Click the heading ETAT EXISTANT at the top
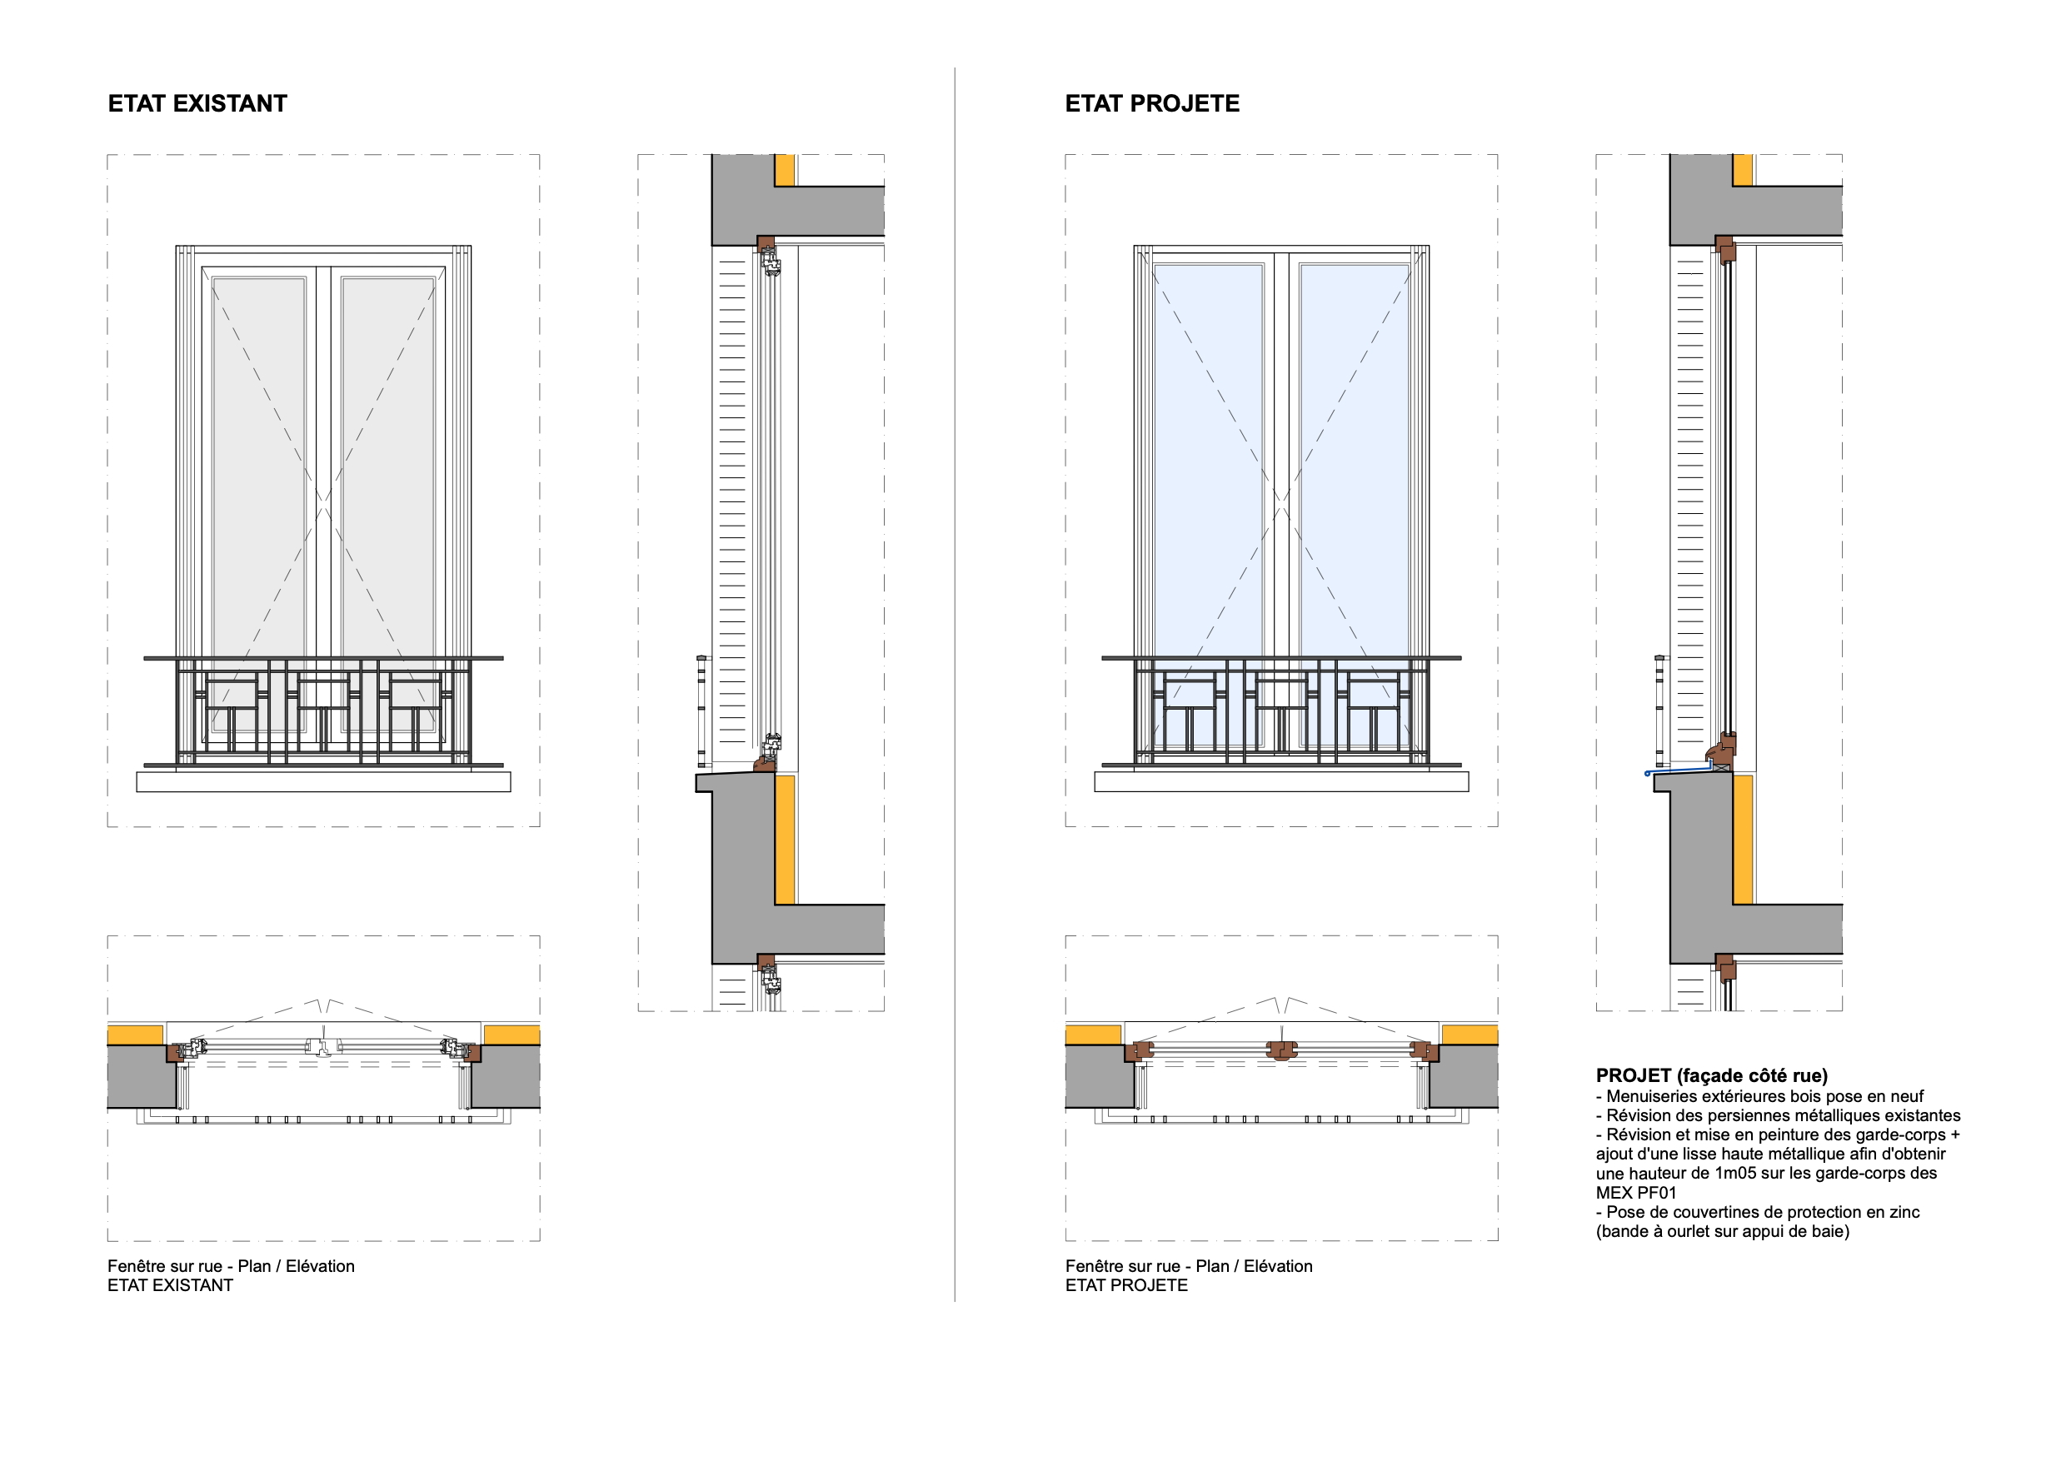[x=197, y=103]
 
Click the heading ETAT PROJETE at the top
[x=1152, y=103]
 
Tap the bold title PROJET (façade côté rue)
[x=1711, y=1075]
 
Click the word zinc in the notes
[x=1903, y=1212]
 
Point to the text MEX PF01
[x=1636, y=1193]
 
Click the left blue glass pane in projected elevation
[x=1208, y=450]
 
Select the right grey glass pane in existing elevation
[x=388, y=450]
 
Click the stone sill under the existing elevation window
[x=323, y=782]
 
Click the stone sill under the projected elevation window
[x=1280, y=782]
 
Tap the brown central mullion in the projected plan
[x=1281, y=1050]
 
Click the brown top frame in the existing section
[x=765, y=244]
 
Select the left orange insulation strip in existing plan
[x=135, y=1035]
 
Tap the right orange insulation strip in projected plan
[x=1469, y=1035]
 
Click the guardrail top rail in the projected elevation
[x=1280, y=658]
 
